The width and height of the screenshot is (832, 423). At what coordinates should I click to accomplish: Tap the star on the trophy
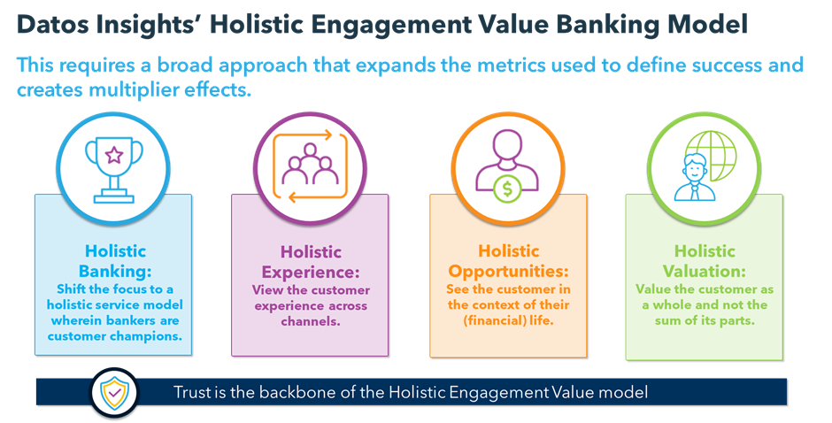(x=113, y=157)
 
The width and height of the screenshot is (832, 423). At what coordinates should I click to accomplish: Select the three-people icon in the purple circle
(x=309, y=166)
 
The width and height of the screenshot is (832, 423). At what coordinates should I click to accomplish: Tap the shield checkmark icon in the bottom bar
(x=114, y=393)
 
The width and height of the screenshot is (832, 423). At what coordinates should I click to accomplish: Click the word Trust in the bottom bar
(x=193, y=392)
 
